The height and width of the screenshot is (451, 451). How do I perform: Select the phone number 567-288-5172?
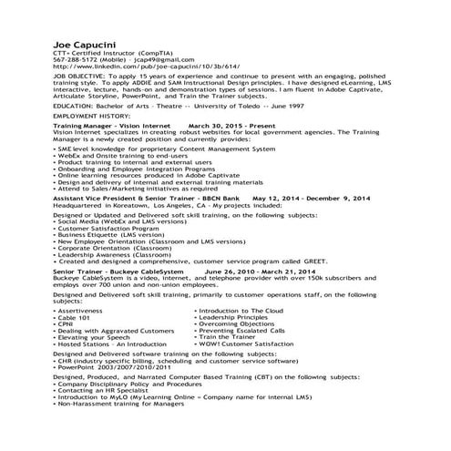pyautogui.click(x=77, y=59)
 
